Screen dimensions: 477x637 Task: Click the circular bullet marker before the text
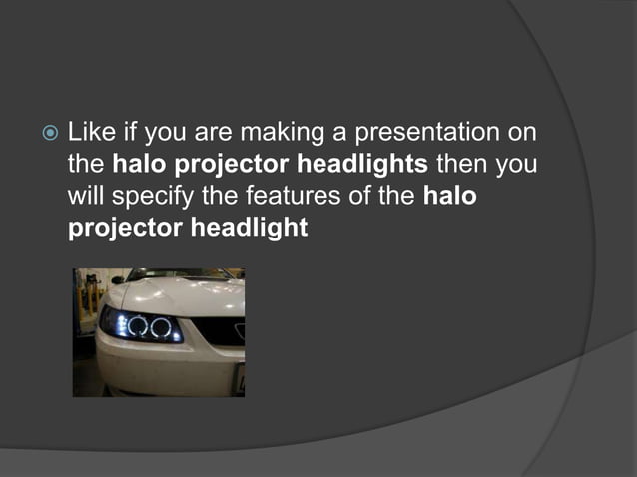[48, 133]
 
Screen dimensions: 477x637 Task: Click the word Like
[87, 132]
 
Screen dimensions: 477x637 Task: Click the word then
[462, 164]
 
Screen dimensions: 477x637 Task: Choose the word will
[85, 196]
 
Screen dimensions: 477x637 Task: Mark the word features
[283, 196]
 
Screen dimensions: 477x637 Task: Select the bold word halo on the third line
[449, 196]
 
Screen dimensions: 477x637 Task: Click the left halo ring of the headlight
[135, 325]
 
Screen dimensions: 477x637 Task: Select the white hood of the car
[190, 295]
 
